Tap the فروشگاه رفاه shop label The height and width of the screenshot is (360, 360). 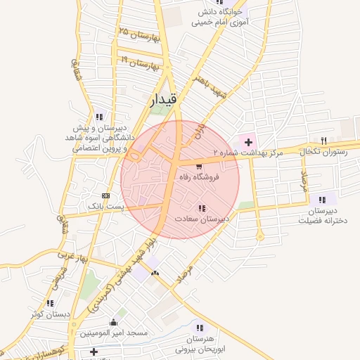click(200, 178)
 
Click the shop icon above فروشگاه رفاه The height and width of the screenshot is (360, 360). click(200, 167)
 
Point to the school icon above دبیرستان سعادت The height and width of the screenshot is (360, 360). click(202, 208)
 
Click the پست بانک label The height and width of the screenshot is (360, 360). click(105, 206)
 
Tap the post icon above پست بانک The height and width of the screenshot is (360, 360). click(105, 195)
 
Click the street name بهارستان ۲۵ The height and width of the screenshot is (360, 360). click(141, 34)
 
